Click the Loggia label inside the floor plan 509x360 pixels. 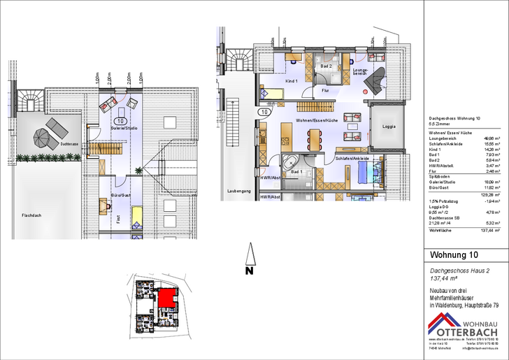(x=389, y=127)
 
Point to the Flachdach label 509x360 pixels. (x=32, y=215)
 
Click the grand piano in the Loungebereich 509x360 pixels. (x=378, y=79)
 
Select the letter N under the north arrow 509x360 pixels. (x=248, y=270)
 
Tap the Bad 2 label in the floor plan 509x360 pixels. (x=326, y=66)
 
